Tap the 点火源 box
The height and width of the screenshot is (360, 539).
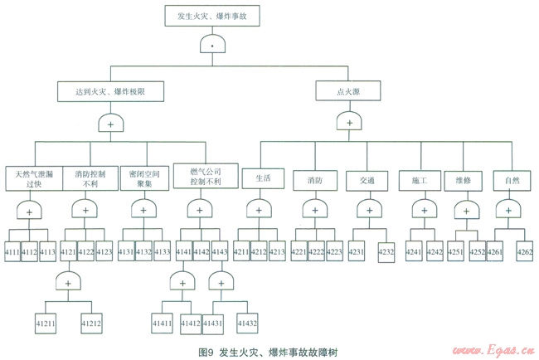point(348,89)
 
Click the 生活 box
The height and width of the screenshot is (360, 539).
point(264,178)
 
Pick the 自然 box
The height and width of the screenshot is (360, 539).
point(512,179)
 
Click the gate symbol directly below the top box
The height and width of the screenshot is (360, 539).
point(214,43)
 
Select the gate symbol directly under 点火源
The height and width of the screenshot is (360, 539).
point(348,122)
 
